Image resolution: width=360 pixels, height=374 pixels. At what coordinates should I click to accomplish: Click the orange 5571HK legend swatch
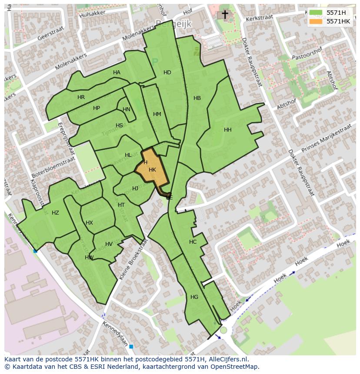[x=316, y=21]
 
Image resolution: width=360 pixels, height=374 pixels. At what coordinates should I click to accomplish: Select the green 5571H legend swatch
[x=316, y=13]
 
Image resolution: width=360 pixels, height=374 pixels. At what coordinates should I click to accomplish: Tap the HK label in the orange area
[x=152, y=170]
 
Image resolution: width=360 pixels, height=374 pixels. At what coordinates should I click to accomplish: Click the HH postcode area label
[x=228, y=130]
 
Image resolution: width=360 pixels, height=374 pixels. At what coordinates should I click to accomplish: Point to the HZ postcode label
[x=55, y=213]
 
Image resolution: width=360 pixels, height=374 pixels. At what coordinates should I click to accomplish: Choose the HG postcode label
[x=194, y=297]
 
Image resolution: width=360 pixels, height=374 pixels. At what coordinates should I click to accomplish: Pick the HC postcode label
[x=193, y=242]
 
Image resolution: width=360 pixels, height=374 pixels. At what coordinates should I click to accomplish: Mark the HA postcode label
[x=117, y=73]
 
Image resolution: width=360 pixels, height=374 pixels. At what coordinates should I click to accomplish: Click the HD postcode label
[x=167, y=73]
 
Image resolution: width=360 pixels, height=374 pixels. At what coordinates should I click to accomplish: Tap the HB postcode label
[x=197, y=98]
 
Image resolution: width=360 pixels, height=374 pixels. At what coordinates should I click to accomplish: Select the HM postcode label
[x=157, y=114]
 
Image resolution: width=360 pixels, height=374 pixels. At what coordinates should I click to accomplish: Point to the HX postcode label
[x=89, y=223]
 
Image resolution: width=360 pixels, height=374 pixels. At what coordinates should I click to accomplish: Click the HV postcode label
[x=109, y=244]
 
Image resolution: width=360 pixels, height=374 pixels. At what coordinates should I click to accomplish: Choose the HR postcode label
[x=81, y=97]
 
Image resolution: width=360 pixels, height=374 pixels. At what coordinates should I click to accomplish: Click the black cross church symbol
[x=225, y=15]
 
